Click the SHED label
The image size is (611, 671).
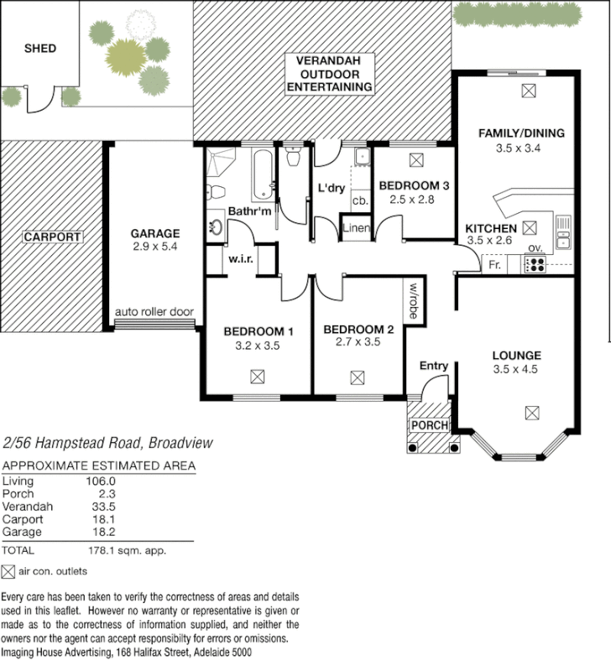(x=39, y=49)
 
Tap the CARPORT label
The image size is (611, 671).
(x=52, y=237)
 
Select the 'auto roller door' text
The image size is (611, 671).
(x=155, y=312)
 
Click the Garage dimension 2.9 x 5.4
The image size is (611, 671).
(x=155, y=247)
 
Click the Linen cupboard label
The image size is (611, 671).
(x=357, y=228)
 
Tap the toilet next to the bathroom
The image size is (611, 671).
(x=294, y=157)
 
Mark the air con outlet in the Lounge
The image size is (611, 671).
(x=530, y=412)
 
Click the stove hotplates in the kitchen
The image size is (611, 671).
(x=535, y=265)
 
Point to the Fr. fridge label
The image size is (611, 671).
(x=496, y=265)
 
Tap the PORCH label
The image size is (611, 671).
(x=428, y=425)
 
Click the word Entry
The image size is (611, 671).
(x=434, y=366)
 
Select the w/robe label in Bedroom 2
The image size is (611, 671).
(x=414, y=297)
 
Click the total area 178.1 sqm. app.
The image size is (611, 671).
(x=125, y=551)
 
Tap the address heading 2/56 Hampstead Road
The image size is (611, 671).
(x=108, y=442)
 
